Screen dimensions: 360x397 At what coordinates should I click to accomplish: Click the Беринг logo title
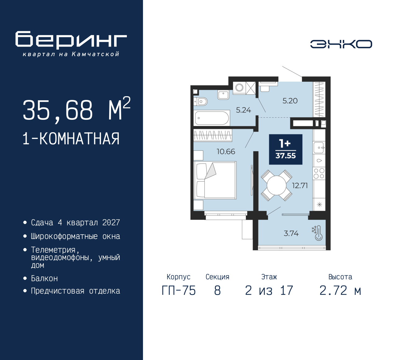(x=71, y=40)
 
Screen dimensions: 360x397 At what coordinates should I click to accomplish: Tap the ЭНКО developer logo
(x=341, y=44)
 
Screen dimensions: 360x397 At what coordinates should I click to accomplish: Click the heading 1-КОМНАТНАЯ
(x=71, y=139)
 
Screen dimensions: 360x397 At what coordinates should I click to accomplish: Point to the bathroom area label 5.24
(x=243, y=110)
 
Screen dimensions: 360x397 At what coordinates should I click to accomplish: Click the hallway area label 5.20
(x=290, y=101)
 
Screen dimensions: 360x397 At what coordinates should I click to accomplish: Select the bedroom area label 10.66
(x=226, y=151)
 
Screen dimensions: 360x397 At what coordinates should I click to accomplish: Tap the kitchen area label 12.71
(x=300, y=186)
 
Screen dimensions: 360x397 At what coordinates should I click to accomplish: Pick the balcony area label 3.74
(x=291, y=233)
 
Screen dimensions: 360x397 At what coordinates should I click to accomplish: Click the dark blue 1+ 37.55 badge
(x=286, y=149)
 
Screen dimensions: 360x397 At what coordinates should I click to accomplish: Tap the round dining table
(x=276, y=186)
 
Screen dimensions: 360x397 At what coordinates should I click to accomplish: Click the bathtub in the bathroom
(x=212, y=118)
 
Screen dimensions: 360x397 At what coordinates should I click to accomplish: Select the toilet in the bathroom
(x=202, y=101)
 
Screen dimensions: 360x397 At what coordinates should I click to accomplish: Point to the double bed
(x=215, y=180)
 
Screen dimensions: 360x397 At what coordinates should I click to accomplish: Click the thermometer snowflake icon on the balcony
(x=317, y=233)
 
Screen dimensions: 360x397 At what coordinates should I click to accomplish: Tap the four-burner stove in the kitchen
(x=319, y=173)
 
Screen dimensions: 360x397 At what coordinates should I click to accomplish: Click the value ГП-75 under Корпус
(x=179, y=291)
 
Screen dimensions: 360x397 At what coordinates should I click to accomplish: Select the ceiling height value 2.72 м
(x=340, y=291)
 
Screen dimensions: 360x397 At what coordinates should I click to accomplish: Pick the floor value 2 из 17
(x=269, y=291)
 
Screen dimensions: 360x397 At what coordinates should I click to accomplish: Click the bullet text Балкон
(x=44, y=278)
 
